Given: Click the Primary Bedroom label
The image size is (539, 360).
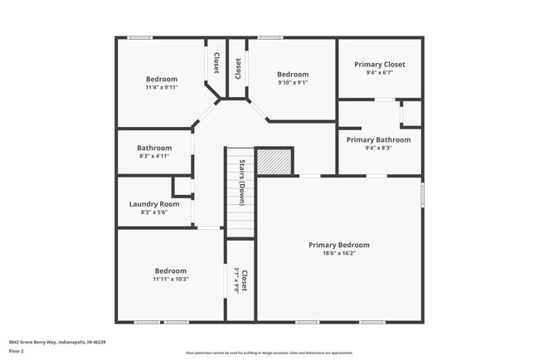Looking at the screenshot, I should pyautogui.click(x=338, y=245).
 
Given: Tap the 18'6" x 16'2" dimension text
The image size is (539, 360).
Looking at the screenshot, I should pyautogui.click(x=338, y=254).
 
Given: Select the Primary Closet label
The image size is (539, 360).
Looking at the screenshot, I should pyautogui.click(x=379, y=65).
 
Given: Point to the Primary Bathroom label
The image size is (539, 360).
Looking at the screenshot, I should pyautogui.click(x=379, y=140).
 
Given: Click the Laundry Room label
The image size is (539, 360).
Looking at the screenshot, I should pyautogui.click(x=154, y=204).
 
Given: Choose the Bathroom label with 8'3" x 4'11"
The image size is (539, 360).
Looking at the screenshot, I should pyautogui.click(x=154, y=148).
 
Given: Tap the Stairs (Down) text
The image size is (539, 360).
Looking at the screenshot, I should pyautogui.click(x=241, y=182).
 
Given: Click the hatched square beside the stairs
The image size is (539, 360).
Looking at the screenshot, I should pyautogui.click(x=274, y=161).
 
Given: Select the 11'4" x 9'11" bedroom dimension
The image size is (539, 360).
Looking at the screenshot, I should pyautogui.click(x=162, y=87).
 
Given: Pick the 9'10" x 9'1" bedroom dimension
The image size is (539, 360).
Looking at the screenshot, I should pyautogui.click(x=292, y=83).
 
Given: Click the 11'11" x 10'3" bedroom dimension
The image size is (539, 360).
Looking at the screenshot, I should pyautogui.click(x=171, y=279).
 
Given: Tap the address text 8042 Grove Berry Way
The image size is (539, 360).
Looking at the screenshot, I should pyautogui.click(x=57, y=342).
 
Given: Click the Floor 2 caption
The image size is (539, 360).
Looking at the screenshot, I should pyautogui.click(x=17, y=351).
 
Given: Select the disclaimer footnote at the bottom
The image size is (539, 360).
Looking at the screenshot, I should pyautogui.click(x=269, y=353).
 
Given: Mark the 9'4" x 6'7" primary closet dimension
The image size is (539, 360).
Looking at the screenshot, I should pyautogui.click(x=379, y=73).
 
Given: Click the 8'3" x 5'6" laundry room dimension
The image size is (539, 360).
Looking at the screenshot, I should pyautogui.click(x=154, y=212).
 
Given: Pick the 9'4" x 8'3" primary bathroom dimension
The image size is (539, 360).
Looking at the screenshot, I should pyautogui.click(x=379, y=148).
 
